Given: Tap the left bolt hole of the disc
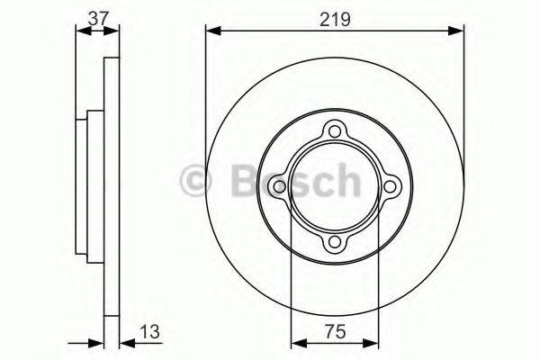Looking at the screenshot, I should (281, 187).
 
